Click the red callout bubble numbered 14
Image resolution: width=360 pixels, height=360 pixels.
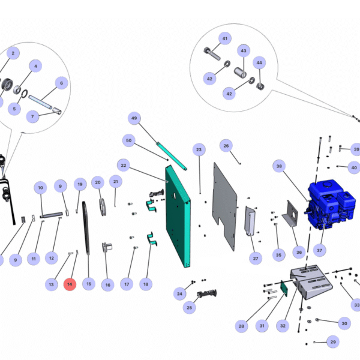[70, 284]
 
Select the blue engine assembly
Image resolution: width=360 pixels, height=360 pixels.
[330, 205]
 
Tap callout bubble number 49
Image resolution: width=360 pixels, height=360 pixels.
[134, 118]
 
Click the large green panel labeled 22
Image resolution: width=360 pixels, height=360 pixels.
[178, 216]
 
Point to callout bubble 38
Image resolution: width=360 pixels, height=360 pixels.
[279, 166]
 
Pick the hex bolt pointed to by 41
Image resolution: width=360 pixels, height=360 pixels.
[212, 53]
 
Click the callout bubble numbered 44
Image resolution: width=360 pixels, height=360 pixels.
[259, 62]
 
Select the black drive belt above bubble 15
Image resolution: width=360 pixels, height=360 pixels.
[86, 228]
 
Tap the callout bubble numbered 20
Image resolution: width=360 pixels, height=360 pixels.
[98, 182]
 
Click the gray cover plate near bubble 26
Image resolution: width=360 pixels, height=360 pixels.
[225, 206]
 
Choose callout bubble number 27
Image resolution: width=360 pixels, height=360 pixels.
[256, 258]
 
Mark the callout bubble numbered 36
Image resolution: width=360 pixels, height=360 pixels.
[299, 252]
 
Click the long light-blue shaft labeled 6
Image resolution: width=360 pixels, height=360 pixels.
[41, 102]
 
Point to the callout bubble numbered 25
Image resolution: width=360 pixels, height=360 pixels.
[189, 307]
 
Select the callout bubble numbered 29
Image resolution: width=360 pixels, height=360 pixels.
[333, 342]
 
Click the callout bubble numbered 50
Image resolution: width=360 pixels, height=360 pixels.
[129, 140]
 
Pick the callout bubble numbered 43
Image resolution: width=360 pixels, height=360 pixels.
[244, 51]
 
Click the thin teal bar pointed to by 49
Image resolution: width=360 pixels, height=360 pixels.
[172, 156]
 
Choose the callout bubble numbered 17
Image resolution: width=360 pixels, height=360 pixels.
[127, 284]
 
